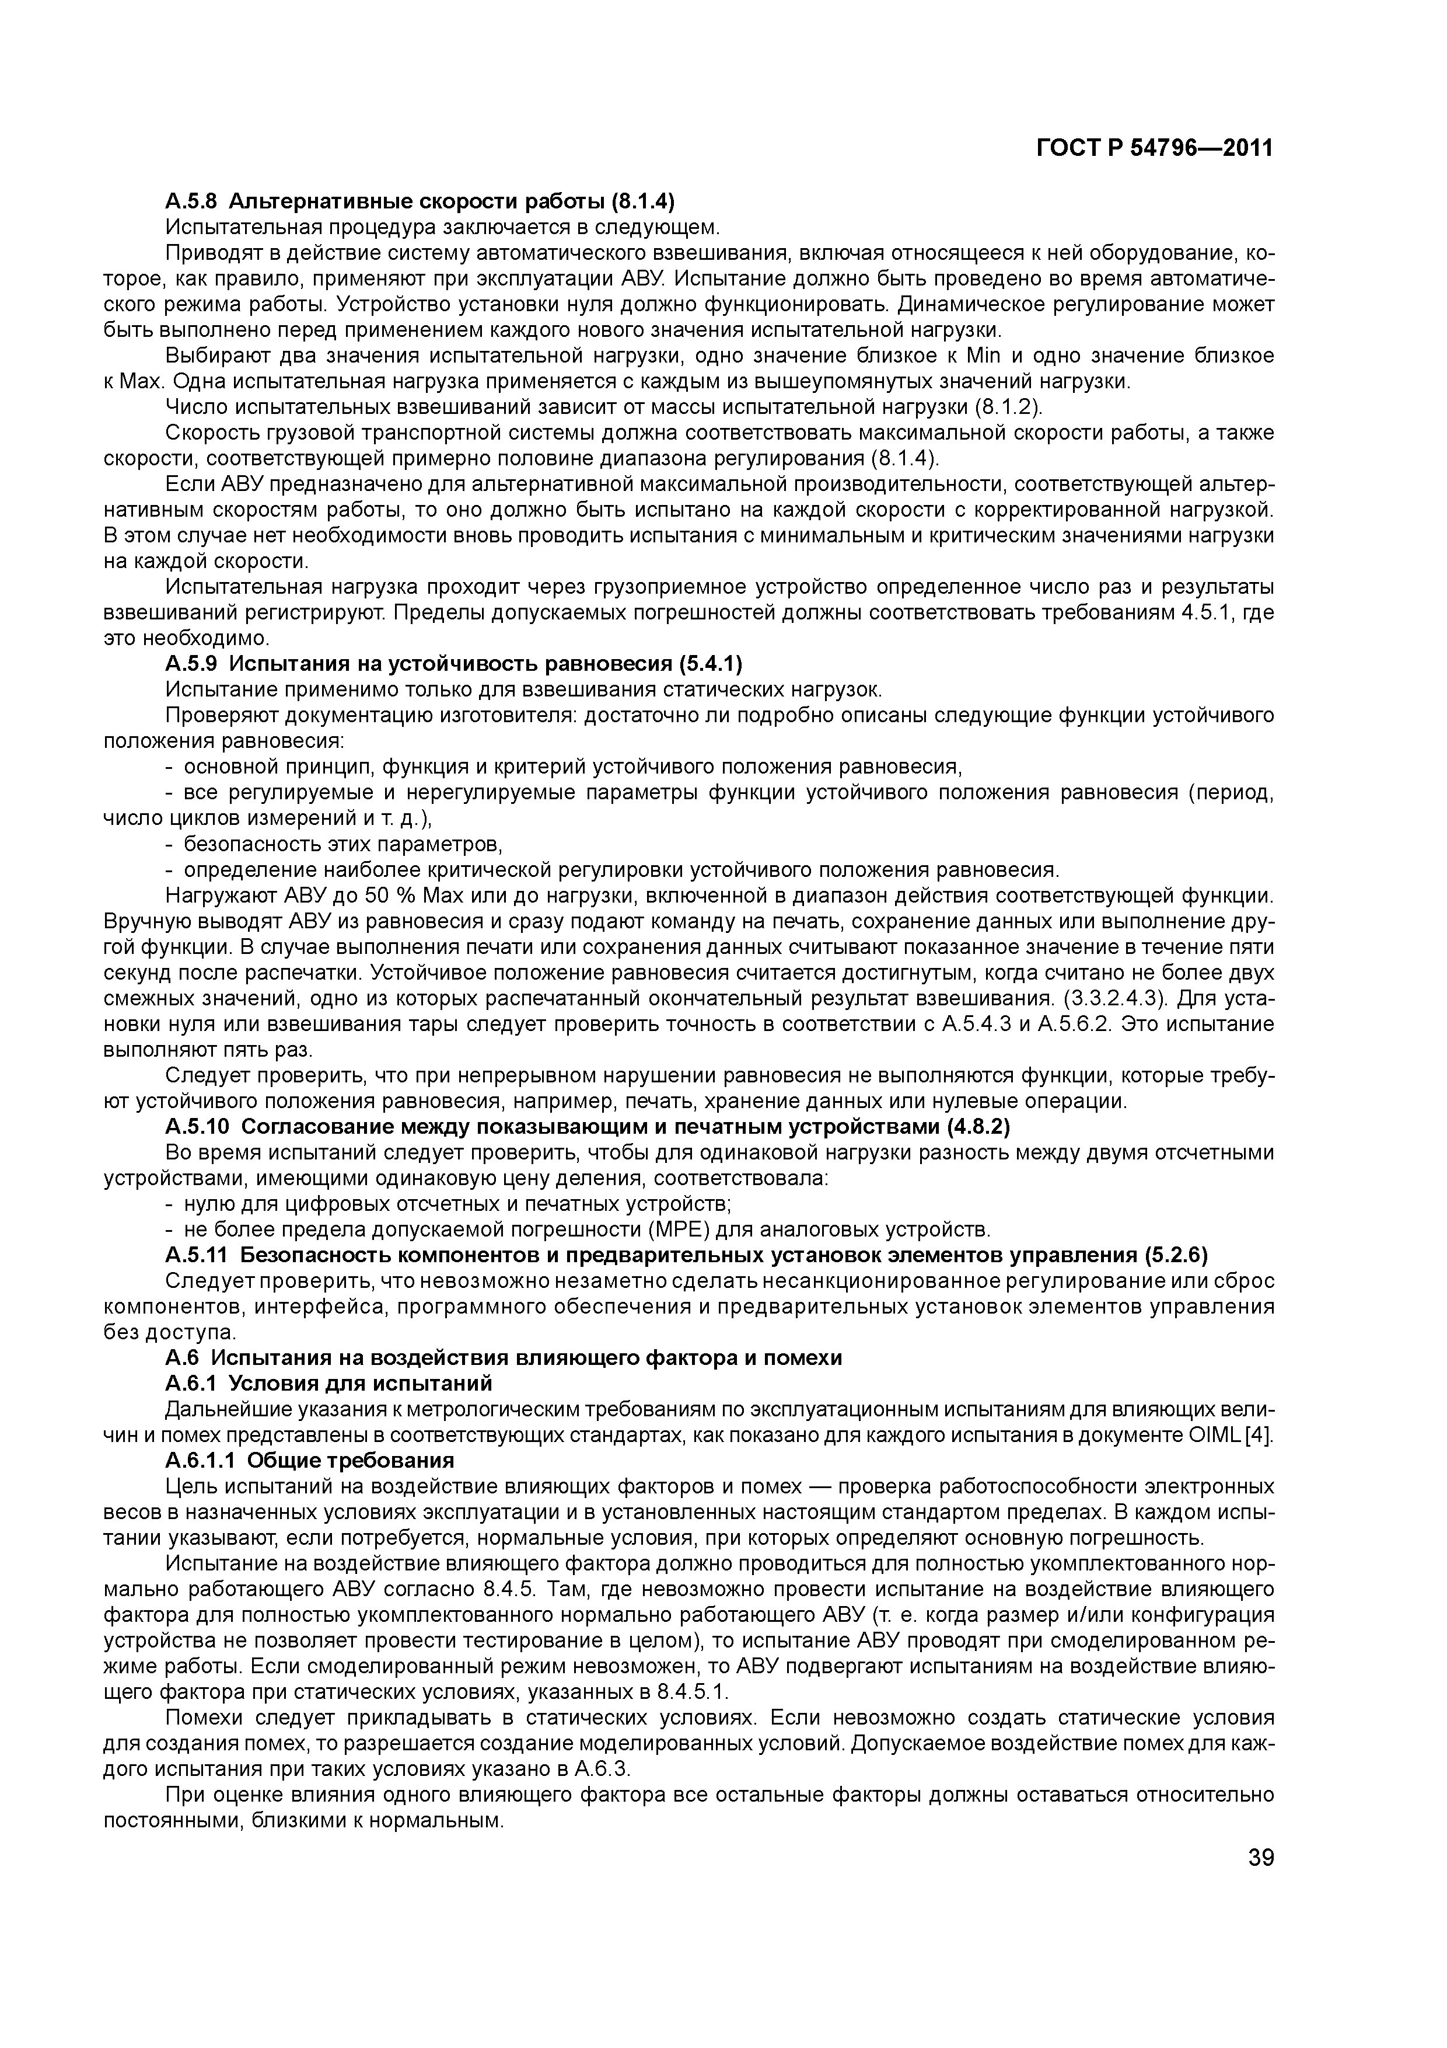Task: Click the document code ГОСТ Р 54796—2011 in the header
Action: pyautogui.click(x=1155, y=148)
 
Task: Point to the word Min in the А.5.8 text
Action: pyautogui.click(x=984, y=356)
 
